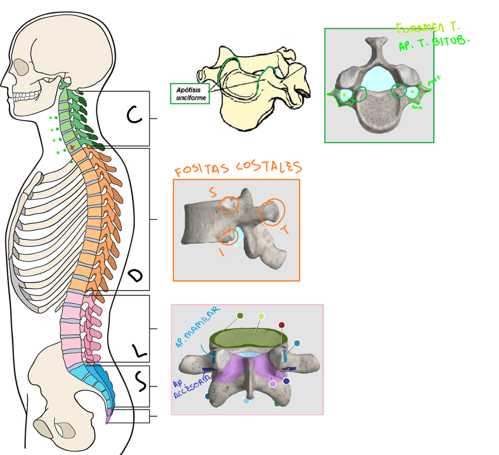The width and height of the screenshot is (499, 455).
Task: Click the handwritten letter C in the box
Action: point(135,116)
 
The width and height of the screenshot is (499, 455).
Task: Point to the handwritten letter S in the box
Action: point(141,383)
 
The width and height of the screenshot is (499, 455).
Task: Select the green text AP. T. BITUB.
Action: point(435,43)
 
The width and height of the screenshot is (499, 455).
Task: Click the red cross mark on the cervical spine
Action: point(72,146)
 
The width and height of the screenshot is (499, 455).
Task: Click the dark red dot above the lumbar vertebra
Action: point(282,325)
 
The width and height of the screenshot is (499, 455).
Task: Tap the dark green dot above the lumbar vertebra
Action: point(240,316)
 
